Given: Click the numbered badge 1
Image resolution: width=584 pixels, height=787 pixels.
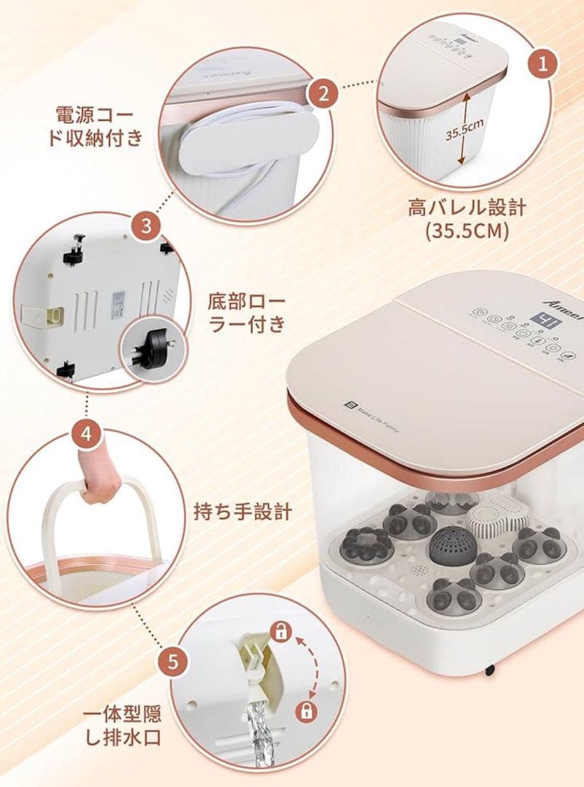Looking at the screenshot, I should coord(542,63).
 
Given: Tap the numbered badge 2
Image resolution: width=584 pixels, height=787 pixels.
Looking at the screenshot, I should coord(322,93).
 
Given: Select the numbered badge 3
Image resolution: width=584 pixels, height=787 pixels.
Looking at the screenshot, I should coord(146,227).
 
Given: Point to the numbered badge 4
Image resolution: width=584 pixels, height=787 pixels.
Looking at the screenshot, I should coord(86,435).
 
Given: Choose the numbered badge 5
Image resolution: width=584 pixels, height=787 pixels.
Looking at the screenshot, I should coord(173,662).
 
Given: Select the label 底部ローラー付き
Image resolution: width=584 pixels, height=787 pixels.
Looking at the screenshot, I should coord(247,313).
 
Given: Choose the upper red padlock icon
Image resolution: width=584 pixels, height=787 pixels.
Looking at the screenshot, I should coord(280,632).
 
